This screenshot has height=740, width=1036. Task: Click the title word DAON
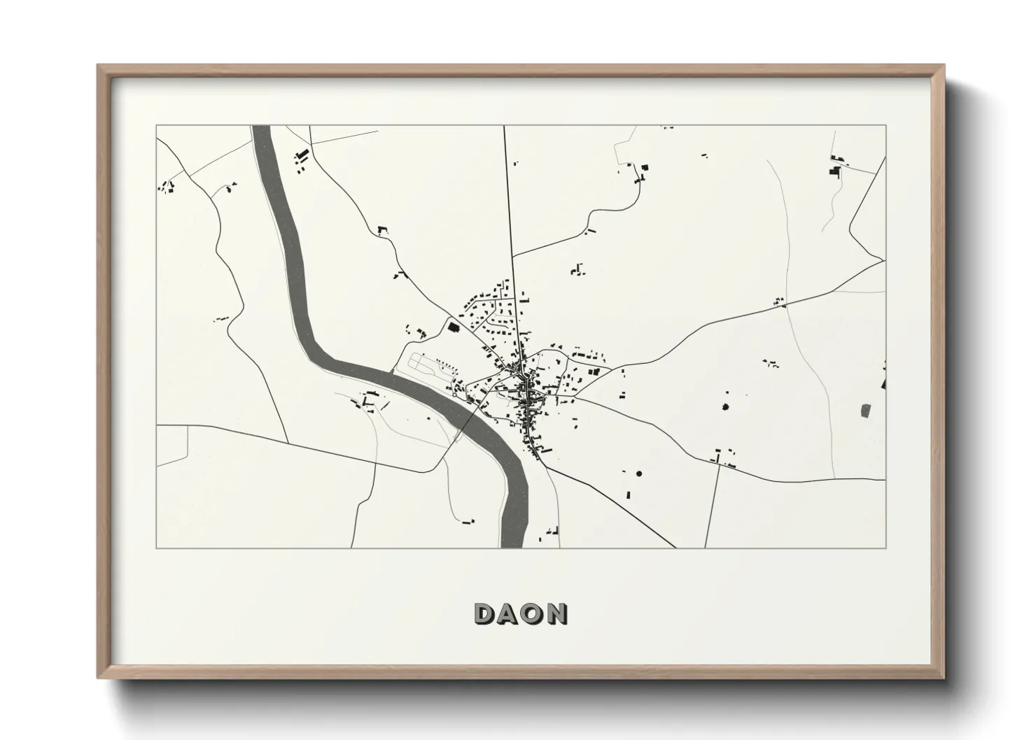point(521,613)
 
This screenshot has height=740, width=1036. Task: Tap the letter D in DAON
point(484,613)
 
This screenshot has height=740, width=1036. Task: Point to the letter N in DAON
point(556,613)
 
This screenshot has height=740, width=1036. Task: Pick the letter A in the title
point(508,613)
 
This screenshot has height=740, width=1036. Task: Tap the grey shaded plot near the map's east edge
point(865,411)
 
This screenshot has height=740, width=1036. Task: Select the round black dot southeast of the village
point(638,474)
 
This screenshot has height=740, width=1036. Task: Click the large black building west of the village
point(453,326)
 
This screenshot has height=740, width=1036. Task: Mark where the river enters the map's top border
point(261,127)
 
